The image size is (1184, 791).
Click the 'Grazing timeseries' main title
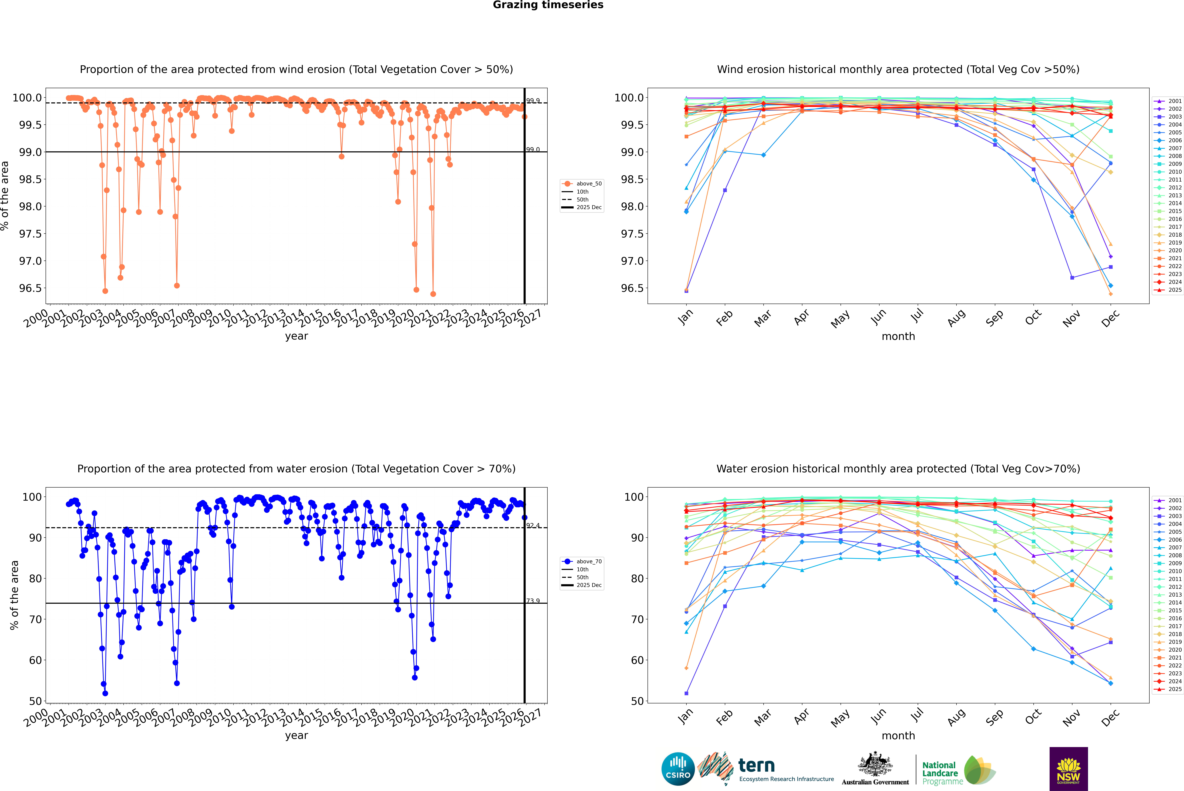[548, 5]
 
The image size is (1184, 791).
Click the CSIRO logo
[678, 769]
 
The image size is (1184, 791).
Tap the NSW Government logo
[1068, 769]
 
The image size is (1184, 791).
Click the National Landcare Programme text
[940, 773]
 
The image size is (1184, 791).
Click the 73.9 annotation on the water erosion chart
[533, 601]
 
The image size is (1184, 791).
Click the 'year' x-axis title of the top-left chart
[296, 336]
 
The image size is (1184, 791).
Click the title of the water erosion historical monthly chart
[898, 469]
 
